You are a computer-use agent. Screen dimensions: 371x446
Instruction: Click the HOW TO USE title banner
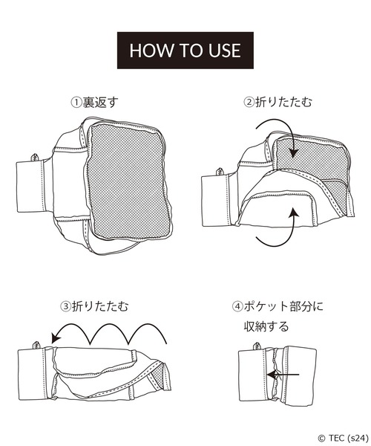coord(185,51)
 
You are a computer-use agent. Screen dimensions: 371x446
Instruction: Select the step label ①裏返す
coord(94,103)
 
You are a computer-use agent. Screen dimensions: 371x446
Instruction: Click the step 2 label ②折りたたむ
coord(278,102)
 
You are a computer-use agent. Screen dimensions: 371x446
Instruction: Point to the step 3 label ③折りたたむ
coord(94,306)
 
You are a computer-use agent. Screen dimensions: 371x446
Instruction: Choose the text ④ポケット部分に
coord(278,306)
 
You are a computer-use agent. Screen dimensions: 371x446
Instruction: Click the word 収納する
coord(266,326)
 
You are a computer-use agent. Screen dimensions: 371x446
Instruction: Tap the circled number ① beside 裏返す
coord(76,103)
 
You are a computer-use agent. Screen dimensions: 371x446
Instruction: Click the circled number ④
coord(237,306)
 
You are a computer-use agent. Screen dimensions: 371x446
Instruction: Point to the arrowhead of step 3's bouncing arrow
coord(56,338)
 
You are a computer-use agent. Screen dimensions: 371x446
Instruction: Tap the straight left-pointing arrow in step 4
coord(283,375)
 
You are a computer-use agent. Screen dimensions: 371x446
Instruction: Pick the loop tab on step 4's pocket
coord(257,346)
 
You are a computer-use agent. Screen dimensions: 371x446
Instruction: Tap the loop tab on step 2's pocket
coord(220,172)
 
